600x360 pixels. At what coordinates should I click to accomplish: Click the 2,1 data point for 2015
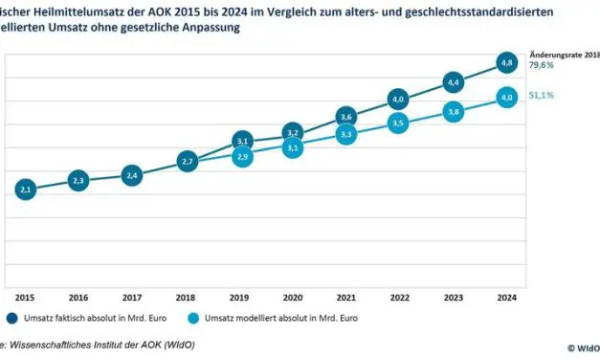click(x=26, y=190)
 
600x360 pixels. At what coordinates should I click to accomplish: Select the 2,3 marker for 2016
click(x=79, y=180)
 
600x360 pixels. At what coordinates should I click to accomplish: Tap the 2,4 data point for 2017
click(x=133, y=175)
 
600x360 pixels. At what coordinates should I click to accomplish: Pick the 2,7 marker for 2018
click(x=188, y=162)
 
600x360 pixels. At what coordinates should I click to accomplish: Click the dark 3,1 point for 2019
click(x=241, y=142)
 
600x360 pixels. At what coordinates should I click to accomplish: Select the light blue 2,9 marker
click(x=241, y=156)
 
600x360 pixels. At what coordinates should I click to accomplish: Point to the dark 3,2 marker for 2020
click(x=294, y=133)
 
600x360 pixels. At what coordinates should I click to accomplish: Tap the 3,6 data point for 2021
click(x=347, y=117)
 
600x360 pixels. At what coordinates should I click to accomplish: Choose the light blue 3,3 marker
click(x=347, y=135)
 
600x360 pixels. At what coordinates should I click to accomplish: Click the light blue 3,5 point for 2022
click(x=400, y=124)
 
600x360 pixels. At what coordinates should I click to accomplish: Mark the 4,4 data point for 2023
click(x=454, y=82)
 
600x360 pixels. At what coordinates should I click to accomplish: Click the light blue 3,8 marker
click(x=454, y=112)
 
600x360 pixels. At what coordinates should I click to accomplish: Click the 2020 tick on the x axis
click(x=294, y=297)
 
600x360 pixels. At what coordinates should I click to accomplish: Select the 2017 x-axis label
click(x=133, y=297)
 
